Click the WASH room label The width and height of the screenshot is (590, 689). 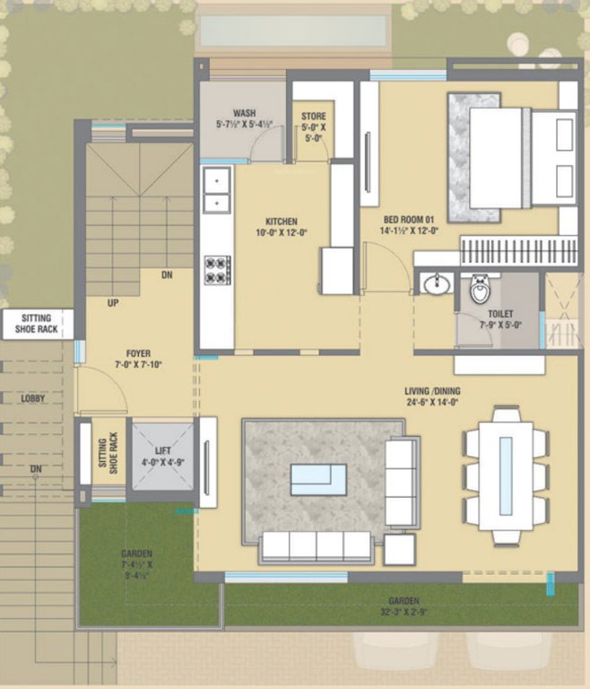click(245, 113)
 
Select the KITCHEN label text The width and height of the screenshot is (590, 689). click(281, 221)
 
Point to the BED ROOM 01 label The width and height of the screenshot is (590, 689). click(409, 219)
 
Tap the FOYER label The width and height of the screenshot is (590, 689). click(137, 353)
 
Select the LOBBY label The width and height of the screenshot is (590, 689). click(33, 397)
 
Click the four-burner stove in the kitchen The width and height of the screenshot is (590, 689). click(218, 270)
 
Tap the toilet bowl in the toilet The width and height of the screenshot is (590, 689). click(481, 290)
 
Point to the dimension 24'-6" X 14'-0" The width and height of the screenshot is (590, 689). click(431, 403)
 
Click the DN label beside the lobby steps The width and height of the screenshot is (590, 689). click(35, 468)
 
